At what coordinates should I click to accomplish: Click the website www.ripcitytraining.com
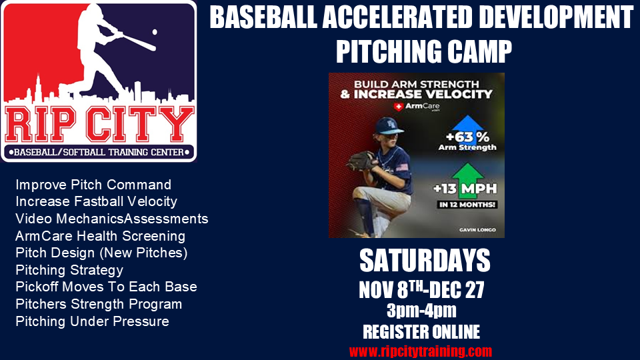[x=421, y=351]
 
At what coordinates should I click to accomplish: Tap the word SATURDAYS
[x=425, y=261]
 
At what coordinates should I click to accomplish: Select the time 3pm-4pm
[x=421, y=311]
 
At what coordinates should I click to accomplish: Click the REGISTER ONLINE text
[x=421, y=331]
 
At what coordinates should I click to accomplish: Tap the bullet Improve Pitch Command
[x=93, y=185]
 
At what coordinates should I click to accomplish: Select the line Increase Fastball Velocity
[x=96, y=201]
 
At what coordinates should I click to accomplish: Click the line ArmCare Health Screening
[x=100, y=236]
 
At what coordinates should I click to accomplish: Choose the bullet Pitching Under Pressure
[x=92, y=321]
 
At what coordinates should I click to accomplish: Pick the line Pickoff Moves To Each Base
[x=106, y=287]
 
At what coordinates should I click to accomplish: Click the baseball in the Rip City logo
[x=155, y=31]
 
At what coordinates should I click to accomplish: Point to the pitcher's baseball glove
[x=363, y=161]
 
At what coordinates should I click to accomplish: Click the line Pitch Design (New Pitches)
[x=101, y=253]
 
